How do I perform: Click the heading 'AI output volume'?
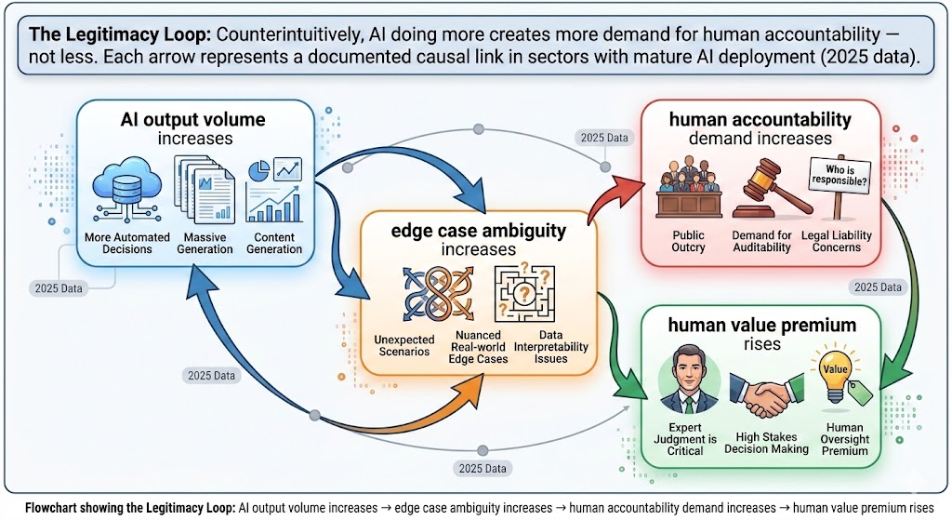pyautogui.click(x=192, y=120)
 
